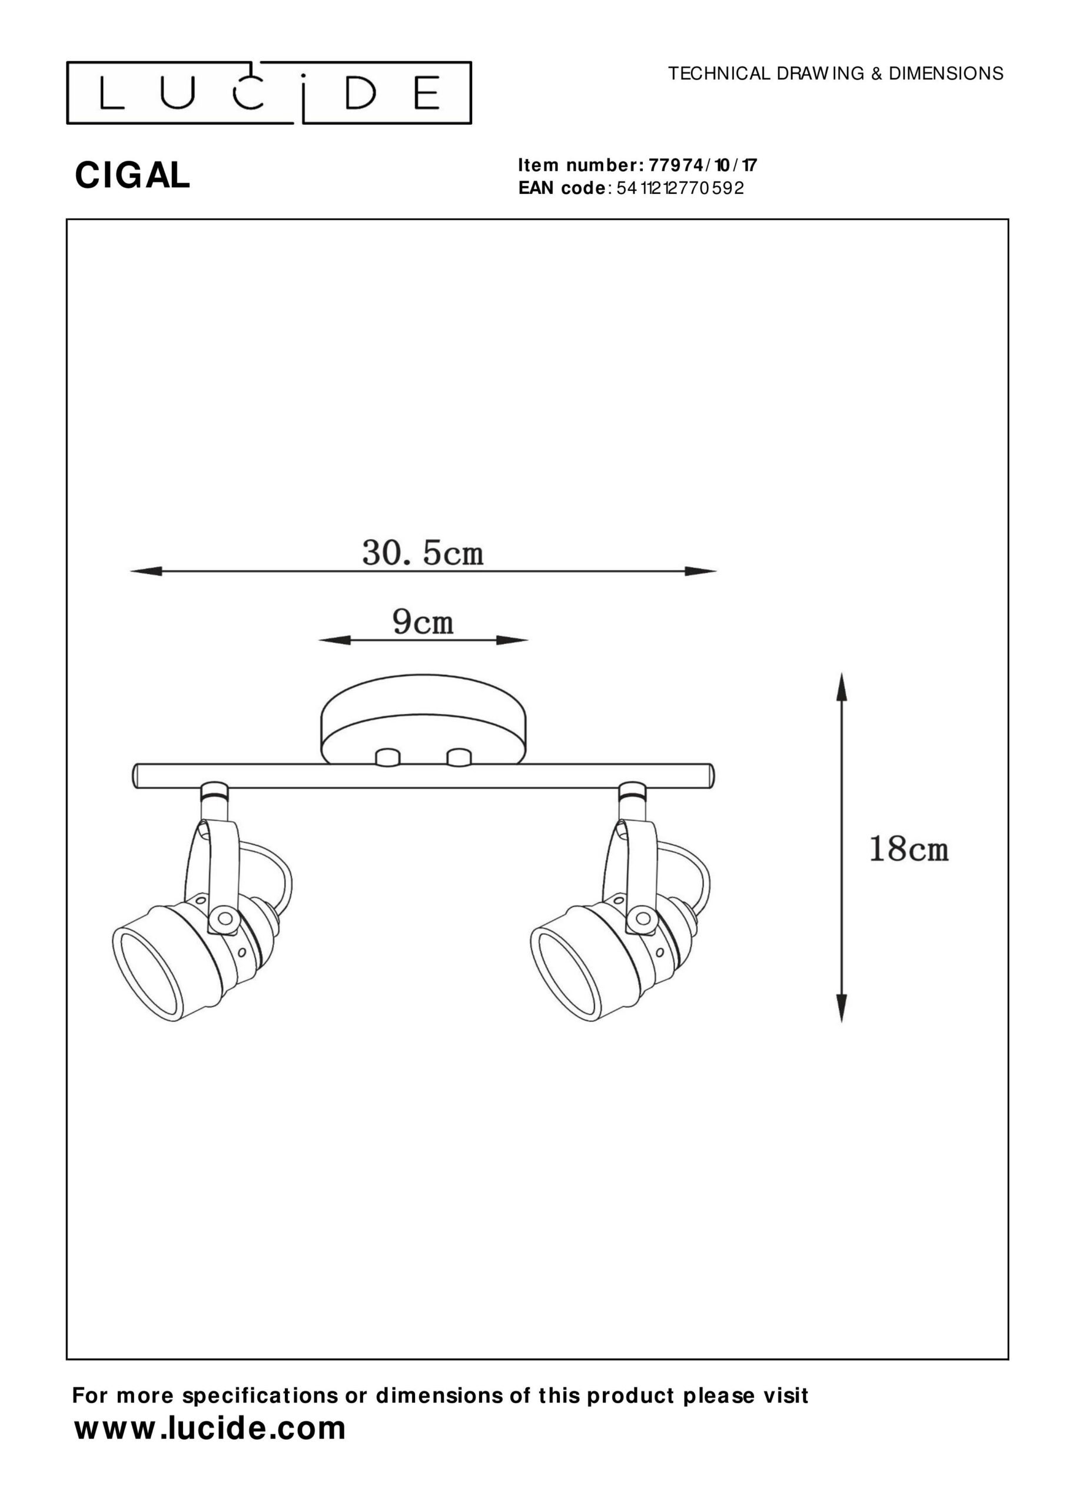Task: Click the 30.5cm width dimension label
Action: (423, 554)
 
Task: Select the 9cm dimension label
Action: (423, 621)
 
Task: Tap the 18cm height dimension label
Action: (908, 849)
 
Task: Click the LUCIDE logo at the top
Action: (269, 92)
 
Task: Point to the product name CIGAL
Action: (132, 176)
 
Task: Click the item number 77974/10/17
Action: (703, 164)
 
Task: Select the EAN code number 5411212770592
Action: (680, 188)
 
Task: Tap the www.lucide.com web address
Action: (210, 1428)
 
